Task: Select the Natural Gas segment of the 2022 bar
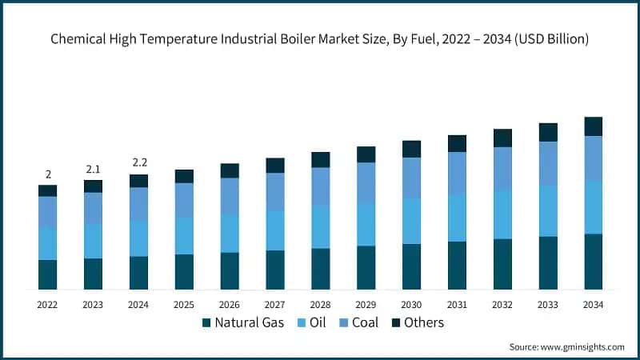click(x=48, y=274)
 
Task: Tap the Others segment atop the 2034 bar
click(x=594, y=126)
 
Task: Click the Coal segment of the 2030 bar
click(x=411, y=178)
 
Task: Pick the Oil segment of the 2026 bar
click(x=230, y=234)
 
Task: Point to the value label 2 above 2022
click(x=48, y=174)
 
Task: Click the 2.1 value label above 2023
click(x=94, y=169)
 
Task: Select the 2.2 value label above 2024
click(x=139, y=163)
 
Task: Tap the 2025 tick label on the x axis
click(x=184, y=305)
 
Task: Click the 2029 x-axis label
click(x=366, y=305)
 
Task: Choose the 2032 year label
click(x=502, y=305)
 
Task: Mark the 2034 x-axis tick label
click(x=594, y=305)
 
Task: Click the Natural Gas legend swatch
click(x=206, y=323)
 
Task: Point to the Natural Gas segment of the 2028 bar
click(x=321, y=269)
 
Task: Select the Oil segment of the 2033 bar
click(x=548, y=210)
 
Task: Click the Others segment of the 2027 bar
click(x=275, y=165)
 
